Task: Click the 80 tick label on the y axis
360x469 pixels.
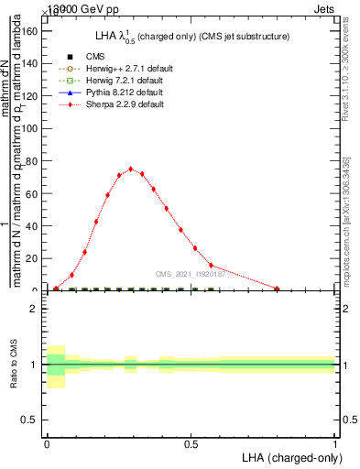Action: [33, 160]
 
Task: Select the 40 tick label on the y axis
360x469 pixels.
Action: [33, 225]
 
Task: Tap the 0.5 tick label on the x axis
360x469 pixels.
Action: [191, 444]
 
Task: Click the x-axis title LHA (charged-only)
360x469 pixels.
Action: [288, 457]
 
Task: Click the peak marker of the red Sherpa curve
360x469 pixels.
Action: [131, 169]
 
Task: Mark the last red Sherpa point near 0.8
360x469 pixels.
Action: [277, 289]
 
